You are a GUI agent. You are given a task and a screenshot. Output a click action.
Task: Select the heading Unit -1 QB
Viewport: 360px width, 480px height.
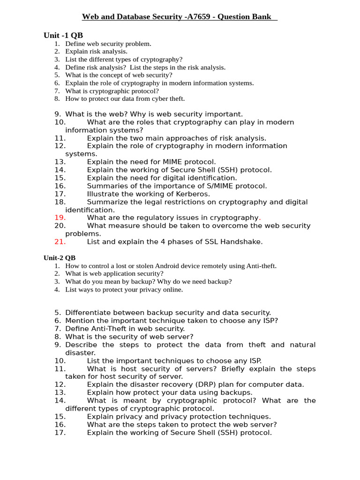pos(63,35)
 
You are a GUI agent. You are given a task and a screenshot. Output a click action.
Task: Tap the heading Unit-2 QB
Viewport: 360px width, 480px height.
pos(60,258)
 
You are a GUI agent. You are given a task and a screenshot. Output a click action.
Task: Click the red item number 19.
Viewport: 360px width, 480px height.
pos(60,217)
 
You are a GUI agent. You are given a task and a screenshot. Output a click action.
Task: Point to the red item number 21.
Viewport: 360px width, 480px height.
pos(60,242)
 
